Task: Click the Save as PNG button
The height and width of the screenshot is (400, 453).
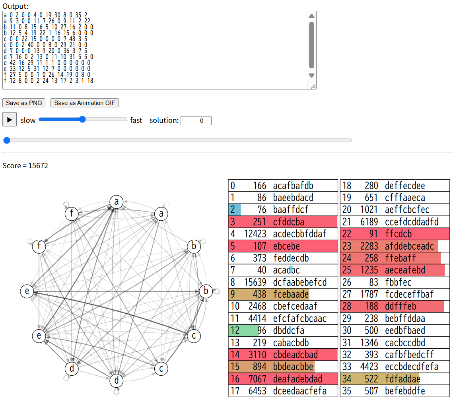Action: coord(24,103)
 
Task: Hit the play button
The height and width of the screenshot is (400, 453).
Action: coord(9,120)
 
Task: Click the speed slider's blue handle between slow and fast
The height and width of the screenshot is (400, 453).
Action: coord(82,119)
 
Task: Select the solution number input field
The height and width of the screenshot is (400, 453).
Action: coord(196,120)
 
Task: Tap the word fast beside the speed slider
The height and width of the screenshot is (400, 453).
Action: coord(136,120)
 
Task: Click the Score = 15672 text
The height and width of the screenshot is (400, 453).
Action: coord(25,165)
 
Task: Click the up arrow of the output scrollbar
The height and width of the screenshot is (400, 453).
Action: coord(311,16)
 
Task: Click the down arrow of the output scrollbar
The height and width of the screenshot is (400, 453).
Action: coord(311,76)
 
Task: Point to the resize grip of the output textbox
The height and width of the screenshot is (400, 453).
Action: coord(313,86)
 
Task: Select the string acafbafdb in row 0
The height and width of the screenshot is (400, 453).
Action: coord(293,186)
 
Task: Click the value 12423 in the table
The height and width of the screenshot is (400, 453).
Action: coord(255,234)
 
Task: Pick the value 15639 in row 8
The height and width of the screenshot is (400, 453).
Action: coord(255,282)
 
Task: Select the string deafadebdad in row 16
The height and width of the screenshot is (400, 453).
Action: coord(297,379)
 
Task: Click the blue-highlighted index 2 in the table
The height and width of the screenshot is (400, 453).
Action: coord(233,210)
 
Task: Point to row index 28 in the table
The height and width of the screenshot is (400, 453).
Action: coord(347,307)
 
